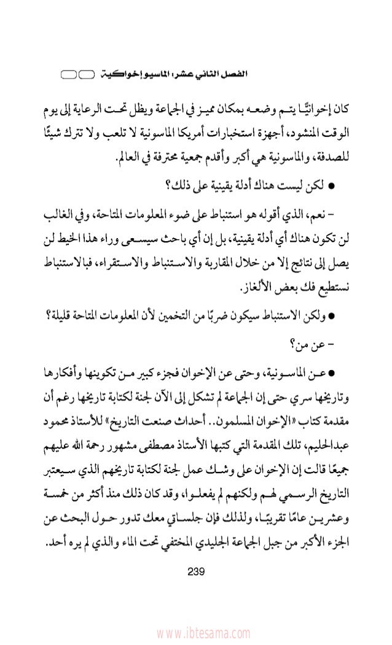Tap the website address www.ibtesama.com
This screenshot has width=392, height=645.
tap(195, 632)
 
